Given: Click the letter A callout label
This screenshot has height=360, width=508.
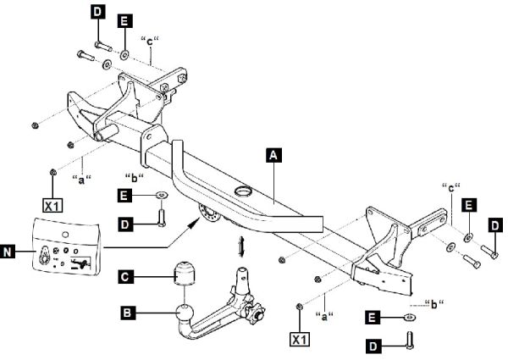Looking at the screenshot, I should click(x=273, y=155).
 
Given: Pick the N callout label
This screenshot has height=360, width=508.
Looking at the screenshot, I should click(x=10, y=252).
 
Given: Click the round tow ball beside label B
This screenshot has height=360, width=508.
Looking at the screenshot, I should click(x=184, y=320).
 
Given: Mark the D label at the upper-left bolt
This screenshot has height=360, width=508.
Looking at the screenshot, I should click(x=97, y=13).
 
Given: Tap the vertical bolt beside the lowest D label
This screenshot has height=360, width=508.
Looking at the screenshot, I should click(x=411, y=341).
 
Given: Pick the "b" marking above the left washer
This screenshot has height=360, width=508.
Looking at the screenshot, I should click(x=134, y=177).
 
